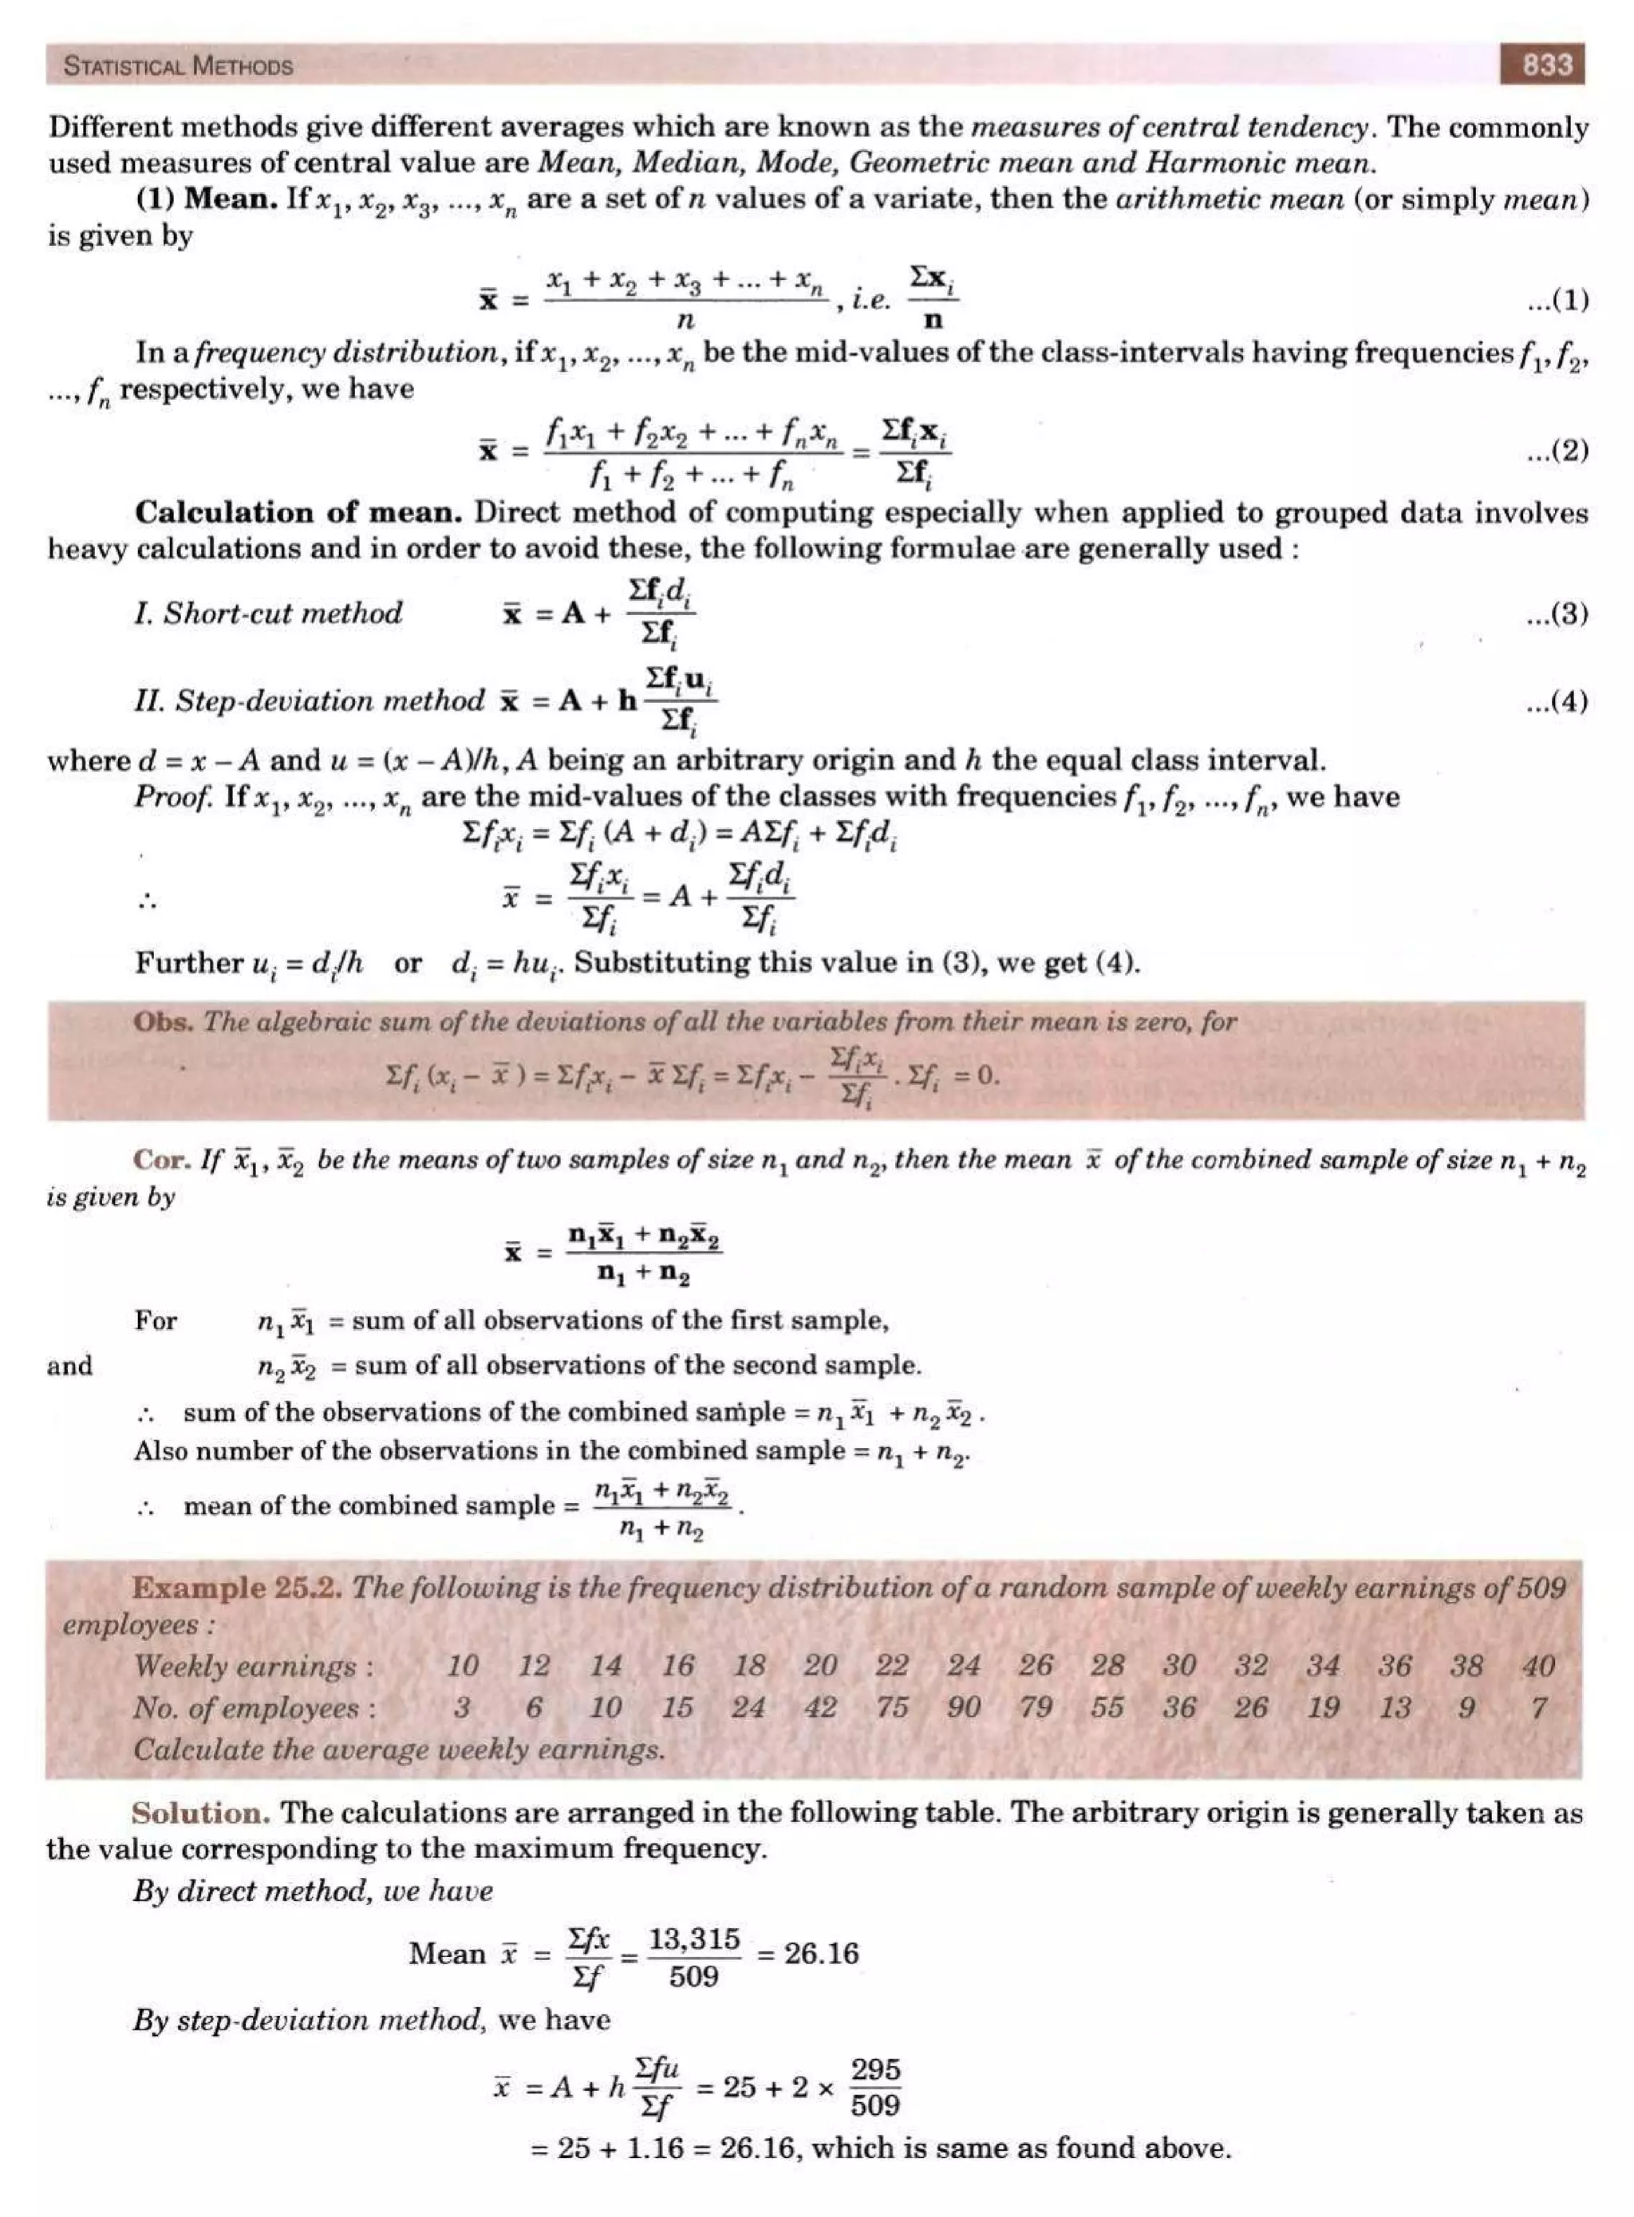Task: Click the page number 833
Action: tap(1547, 65)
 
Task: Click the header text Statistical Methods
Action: tap(178, 66)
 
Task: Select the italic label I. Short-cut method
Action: tap(268, 613)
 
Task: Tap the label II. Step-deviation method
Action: tap(310, 701)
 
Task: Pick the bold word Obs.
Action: tap(164, 1021)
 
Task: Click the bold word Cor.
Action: tap(162, 1159)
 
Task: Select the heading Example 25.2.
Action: tap(238, 1589)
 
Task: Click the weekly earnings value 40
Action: tap(1538, 1667)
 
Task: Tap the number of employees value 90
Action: tap(963, 1708)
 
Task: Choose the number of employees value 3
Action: tap(462, 1708)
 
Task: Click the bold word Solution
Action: tap(201, 1813)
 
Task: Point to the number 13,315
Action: tap(693, 1939)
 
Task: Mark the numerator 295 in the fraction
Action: tap(875, 2069)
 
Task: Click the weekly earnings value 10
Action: tap(462, 1667)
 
